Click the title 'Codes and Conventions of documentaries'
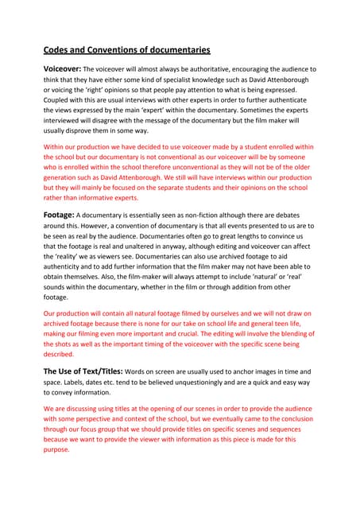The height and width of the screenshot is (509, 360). click(x=126, y=49)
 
